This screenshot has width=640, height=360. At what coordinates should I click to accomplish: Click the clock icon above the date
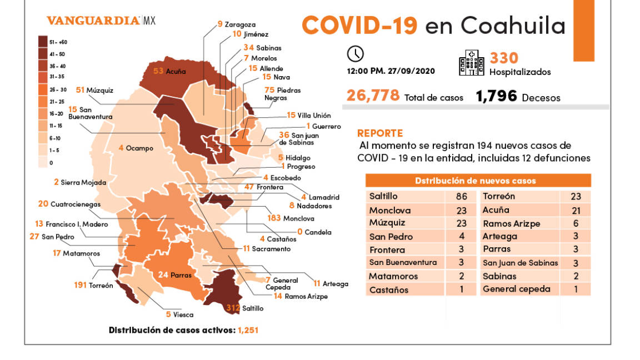click(355, 54)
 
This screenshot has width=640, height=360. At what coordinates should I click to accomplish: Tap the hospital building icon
click(471, 63)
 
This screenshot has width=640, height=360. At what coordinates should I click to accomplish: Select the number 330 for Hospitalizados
click(504, 58)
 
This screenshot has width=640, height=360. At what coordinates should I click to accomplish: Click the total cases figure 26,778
click(373, 96)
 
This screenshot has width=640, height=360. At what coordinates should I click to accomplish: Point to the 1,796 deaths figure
click(496, 96)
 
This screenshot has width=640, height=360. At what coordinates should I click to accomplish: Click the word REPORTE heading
click(380, 133)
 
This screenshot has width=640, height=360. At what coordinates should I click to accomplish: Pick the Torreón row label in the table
click(499, 197)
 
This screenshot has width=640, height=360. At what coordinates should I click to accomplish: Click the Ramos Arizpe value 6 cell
click(576, 223)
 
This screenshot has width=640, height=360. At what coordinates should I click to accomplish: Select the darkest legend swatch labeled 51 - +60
click(42, 42)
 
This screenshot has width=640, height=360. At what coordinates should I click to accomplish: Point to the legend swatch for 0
click(42, 162)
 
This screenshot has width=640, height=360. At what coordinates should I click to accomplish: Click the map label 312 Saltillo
click(244, 307)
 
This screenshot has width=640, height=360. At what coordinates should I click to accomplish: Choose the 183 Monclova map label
click(291, 218)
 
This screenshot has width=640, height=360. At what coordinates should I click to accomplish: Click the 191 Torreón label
click(93, 286)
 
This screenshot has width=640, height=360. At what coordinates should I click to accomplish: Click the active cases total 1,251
click(248, 330)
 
